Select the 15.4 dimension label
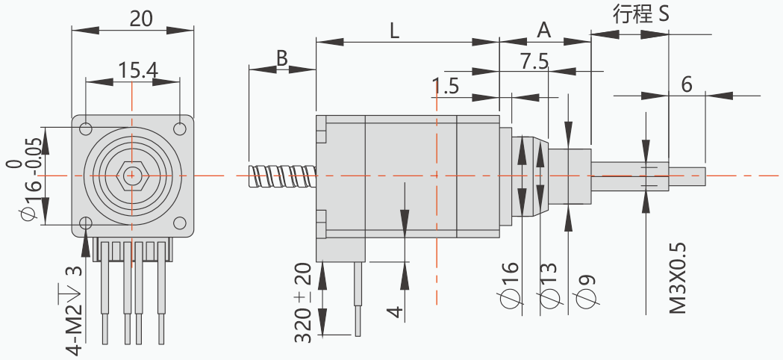coord(137,69)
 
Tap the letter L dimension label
coord(395,31)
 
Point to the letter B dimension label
coord(282,58)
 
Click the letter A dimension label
coord(544,31)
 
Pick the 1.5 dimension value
coord(445,86)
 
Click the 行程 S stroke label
coord(640,15)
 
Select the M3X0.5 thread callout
coord(676,278)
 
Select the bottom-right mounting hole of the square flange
coord(179,223)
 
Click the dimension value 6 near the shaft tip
coord(687,84)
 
